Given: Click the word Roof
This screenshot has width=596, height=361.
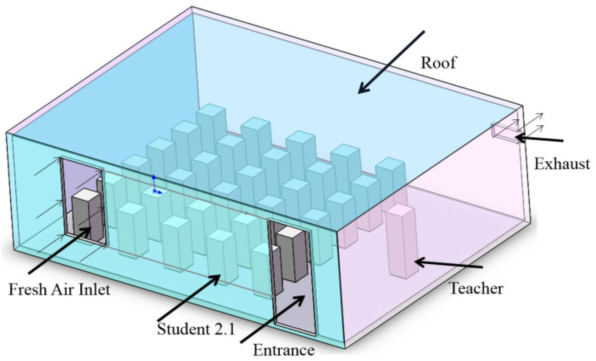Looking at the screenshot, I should pos(438,63).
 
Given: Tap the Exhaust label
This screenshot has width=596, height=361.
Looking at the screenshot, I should pos(562,164).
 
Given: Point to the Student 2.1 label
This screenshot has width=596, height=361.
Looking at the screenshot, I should pos(196,328).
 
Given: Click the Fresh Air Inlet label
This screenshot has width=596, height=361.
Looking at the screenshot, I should pos(59,290).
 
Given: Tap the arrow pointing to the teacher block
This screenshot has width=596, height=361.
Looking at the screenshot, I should pos(449,264).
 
